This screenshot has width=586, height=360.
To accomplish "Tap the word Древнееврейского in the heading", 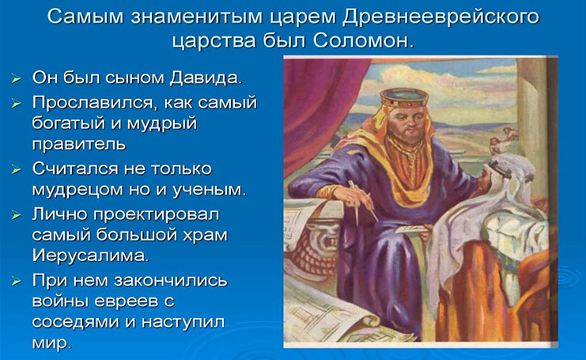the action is (440, 17).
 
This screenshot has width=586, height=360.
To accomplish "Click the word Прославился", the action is (92, 103).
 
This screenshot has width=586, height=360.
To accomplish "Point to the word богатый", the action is (68, 123).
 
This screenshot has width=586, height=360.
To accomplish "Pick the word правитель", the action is (79, 144).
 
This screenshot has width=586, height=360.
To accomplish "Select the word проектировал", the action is (157, 214).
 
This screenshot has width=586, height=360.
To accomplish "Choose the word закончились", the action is (170, 281).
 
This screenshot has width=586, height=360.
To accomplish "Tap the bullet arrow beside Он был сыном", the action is (16, 78).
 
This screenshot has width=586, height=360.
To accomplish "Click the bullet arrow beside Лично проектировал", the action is (16, 215).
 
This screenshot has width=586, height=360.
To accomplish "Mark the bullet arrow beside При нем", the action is (16, 281).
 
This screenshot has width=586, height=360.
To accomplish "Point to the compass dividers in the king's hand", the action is (363, 202).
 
